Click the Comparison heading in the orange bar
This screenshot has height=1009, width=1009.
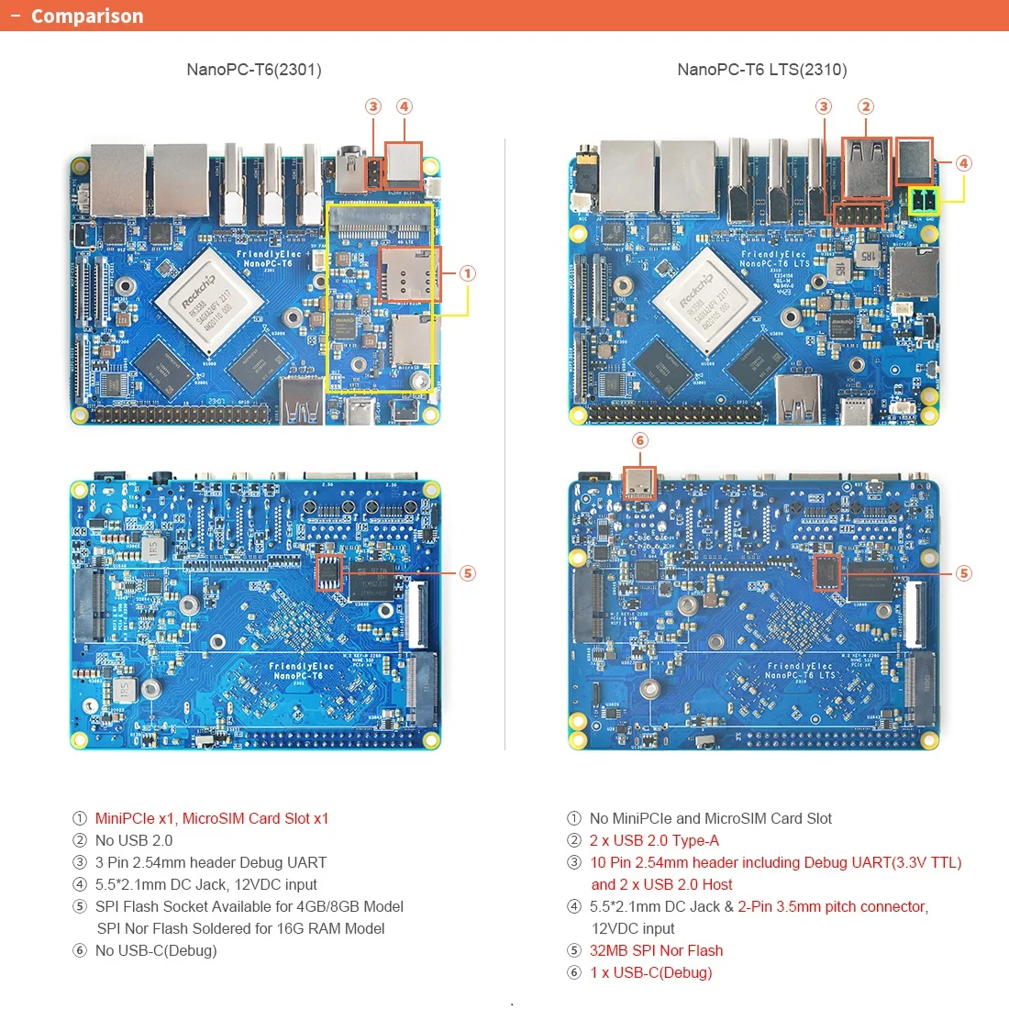(x=87, y=17)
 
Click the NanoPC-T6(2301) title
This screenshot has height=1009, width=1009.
(x=254, y=70)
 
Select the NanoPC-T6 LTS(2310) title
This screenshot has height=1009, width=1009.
(x=761, y=70)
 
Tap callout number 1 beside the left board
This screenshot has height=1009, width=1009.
(x=468, y=273)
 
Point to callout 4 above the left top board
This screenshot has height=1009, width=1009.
(x=404, y=106)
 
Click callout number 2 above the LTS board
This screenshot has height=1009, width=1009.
(x=866, y=106)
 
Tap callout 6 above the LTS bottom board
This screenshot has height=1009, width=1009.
(x=640, y=440)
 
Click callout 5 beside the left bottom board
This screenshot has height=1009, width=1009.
(x=468, y=573)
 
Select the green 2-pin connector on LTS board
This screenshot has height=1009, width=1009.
(x=923, y=201)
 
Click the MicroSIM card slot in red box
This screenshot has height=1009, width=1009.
(x=410, y=273)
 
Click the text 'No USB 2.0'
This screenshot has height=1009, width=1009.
(x=134, y=840)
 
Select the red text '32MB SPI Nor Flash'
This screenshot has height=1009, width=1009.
(x=656, y=950)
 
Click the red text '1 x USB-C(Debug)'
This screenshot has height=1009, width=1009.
(x=650, y=972)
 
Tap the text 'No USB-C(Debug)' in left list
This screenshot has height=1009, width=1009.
(x=156, y=950)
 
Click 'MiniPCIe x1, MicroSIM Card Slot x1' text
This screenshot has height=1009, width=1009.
(x=212, y=818)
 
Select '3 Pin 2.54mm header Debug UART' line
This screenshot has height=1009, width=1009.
(x=211, y=862)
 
